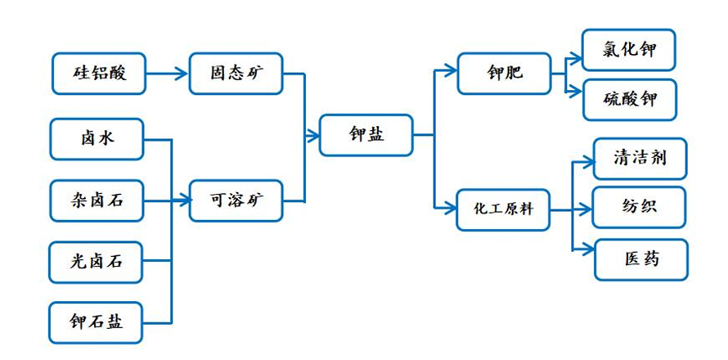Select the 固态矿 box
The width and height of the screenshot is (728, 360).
(x=236, y=74)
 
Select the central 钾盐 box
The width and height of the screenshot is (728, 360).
(x=365, y=135)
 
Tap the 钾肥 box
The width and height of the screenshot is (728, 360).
(x=503, y=74)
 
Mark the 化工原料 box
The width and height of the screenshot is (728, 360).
(x=503, y=209)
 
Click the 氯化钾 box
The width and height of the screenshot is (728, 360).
(x=629, y=50)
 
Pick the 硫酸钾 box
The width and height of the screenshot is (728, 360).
(x=629, y=100)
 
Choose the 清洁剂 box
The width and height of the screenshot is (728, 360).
(x=640, y=158)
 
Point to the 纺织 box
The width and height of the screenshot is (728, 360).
(x=640, y=207)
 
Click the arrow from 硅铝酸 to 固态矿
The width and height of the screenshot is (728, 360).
(x=168, y=74)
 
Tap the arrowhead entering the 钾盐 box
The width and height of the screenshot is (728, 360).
(x=314, y=136)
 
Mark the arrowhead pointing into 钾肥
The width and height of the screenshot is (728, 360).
(x=451, y=71)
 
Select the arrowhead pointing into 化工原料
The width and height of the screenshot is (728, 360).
(x=451, y=209)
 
